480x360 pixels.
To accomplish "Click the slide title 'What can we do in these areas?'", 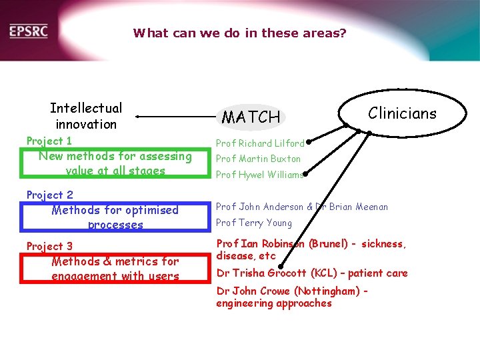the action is click(x=239, y=32).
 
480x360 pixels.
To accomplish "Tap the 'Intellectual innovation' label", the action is click(x=86, y=116).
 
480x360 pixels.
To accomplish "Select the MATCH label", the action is click(x=251, y=117).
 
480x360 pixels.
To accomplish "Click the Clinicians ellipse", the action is click(x=402, y=113).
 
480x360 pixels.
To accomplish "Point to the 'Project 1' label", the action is click(x=49, y=141).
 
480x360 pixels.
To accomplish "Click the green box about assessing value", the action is click(x=115, y=163).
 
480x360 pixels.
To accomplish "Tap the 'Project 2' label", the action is click(x=49, y=195).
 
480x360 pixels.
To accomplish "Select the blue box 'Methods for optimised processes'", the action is click(x=115, y=217).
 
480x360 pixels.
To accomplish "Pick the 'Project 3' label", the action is click(x=49, y=246).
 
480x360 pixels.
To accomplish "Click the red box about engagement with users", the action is click(x=115, y=269).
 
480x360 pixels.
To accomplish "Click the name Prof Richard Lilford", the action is click(x=259, y=143).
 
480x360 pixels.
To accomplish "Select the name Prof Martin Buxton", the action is click(x=258, y=159).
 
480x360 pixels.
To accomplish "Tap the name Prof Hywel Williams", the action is click(x=259, y=175).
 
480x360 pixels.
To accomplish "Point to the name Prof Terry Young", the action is click(x=254, y=223).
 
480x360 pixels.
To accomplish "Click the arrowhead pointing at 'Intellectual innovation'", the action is click(x=137, y=117).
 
